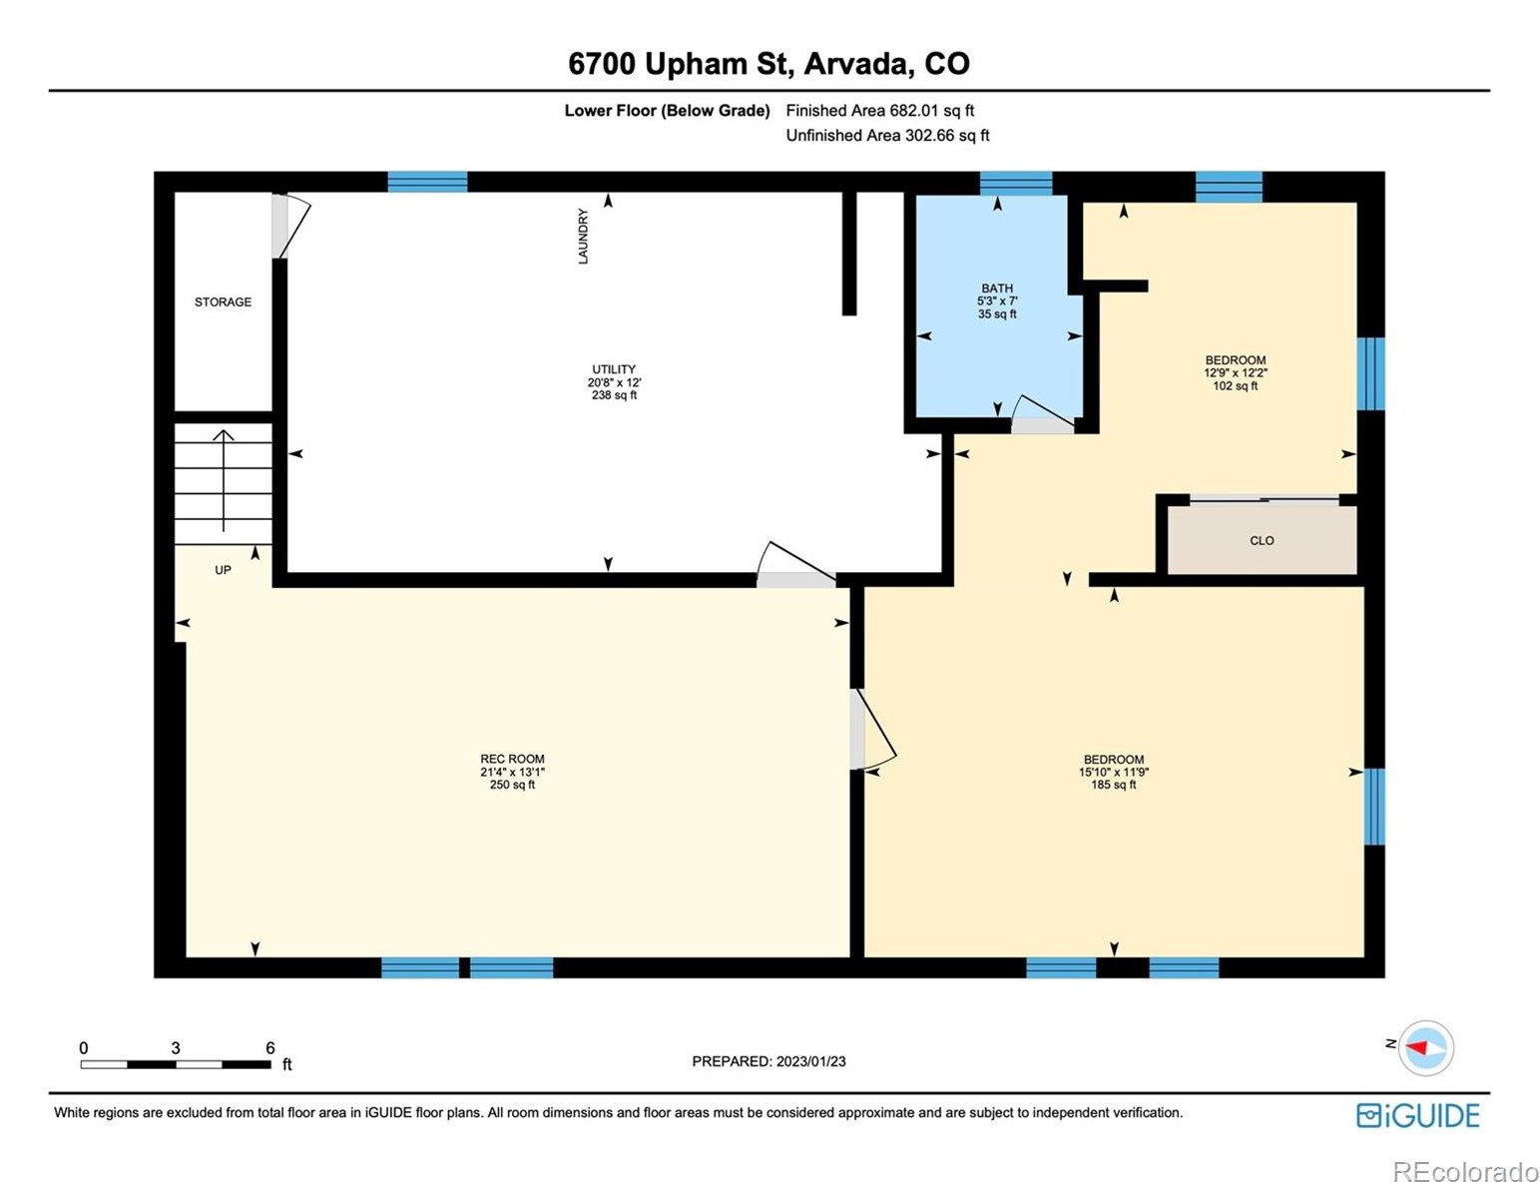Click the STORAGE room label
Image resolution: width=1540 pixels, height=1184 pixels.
coord(223,301)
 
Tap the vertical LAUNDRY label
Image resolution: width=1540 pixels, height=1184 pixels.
coord(583,236)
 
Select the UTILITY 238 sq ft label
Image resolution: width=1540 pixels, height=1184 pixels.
coord(614,382)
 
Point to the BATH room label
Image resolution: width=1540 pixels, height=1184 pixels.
coord(996,289)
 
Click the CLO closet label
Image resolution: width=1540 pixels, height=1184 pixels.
coord(1262,541)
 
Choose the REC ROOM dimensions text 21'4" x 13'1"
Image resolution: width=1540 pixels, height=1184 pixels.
coord(512,772)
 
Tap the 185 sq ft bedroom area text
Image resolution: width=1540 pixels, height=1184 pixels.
coord(1114,785)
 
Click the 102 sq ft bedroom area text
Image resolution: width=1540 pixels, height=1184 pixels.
coord(1236,385)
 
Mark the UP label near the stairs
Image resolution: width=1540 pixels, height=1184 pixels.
coord(223,570)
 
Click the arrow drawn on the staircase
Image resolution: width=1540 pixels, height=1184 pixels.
coord(224,480)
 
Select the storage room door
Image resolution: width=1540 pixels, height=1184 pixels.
coord(290,226)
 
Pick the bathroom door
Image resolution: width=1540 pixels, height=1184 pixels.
coord(1043,414)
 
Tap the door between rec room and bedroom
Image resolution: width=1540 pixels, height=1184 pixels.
coord(872,729)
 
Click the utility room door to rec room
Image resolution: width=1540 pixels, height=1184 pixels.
coord(795,565)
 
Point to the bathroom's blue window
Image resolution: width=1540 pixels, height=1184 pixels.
coord(1016,183)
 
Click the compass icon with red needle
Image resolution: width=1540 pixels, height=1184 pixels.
coord(1425,1047)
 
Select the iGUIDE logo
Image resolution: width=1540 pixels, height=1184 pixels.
coord(1417,1114)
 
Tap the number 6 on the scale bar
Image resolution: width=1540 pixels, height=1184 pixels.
coord(270,1047)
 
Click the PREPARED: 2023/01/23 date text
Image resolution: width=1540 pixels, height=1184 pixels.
coord(769,1061)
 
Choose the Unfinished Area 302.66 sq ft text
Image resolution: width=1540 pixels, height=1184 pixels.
coord(887,135)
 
